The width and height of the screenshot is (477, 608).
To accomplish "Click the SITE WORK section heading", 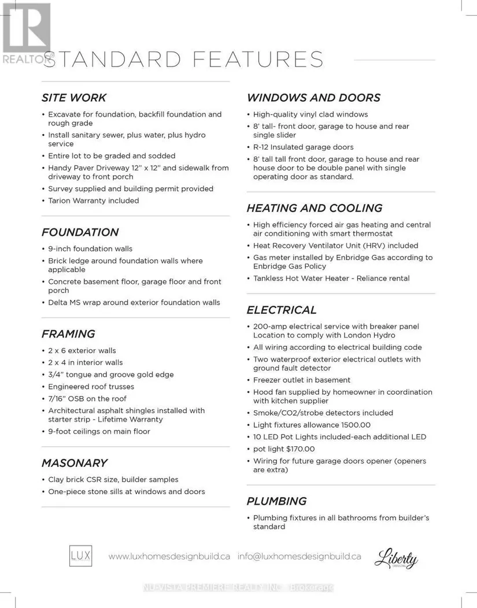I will pyautogui.click(x=74, y=98).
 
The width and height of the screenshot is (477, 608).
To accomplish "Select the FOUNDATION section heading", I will pyautogui.click(x=80, y=232).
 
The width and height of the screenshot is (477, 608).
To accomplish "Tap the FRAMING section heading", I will pyautogui.click(x=68, y=334).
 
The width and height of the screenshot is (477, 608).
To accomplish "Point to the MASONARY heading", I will pyautogui.click(x=74, y=463).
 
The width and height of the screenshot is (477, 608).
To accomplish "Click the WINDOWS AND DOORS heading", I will pyautogui.click(x=313, y=98).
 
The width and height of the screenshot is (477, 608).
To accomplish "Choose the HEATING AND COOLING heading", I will pyautogui.click(x=315, y=208).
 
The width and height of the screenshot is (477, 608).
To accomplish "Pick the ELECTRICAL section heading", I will pyautogui.click(x=282, y=310).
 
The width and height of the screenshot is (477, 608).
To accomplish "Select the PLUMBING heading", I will pyautogui.click(x=276, y=501).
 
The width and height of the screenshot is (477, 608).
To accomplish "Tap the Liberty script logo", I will pyautogui.click(x=396, y=558).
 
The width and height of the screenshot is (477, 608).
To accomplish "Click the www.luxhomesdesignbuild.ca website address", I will pyautogui.click(x=169, y=557).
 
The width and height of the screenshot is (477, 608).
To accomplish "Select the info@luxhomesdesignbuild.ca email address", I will pyautogui.click(x=299, y=557).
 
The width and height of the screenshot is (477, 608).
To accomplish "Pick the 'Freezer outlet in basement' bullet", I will pyautogui.click(x=302, y=380).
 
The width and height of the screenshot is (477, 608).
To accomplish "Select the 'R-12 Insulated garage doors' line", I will pyautogui.click(x=303, y=147).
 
